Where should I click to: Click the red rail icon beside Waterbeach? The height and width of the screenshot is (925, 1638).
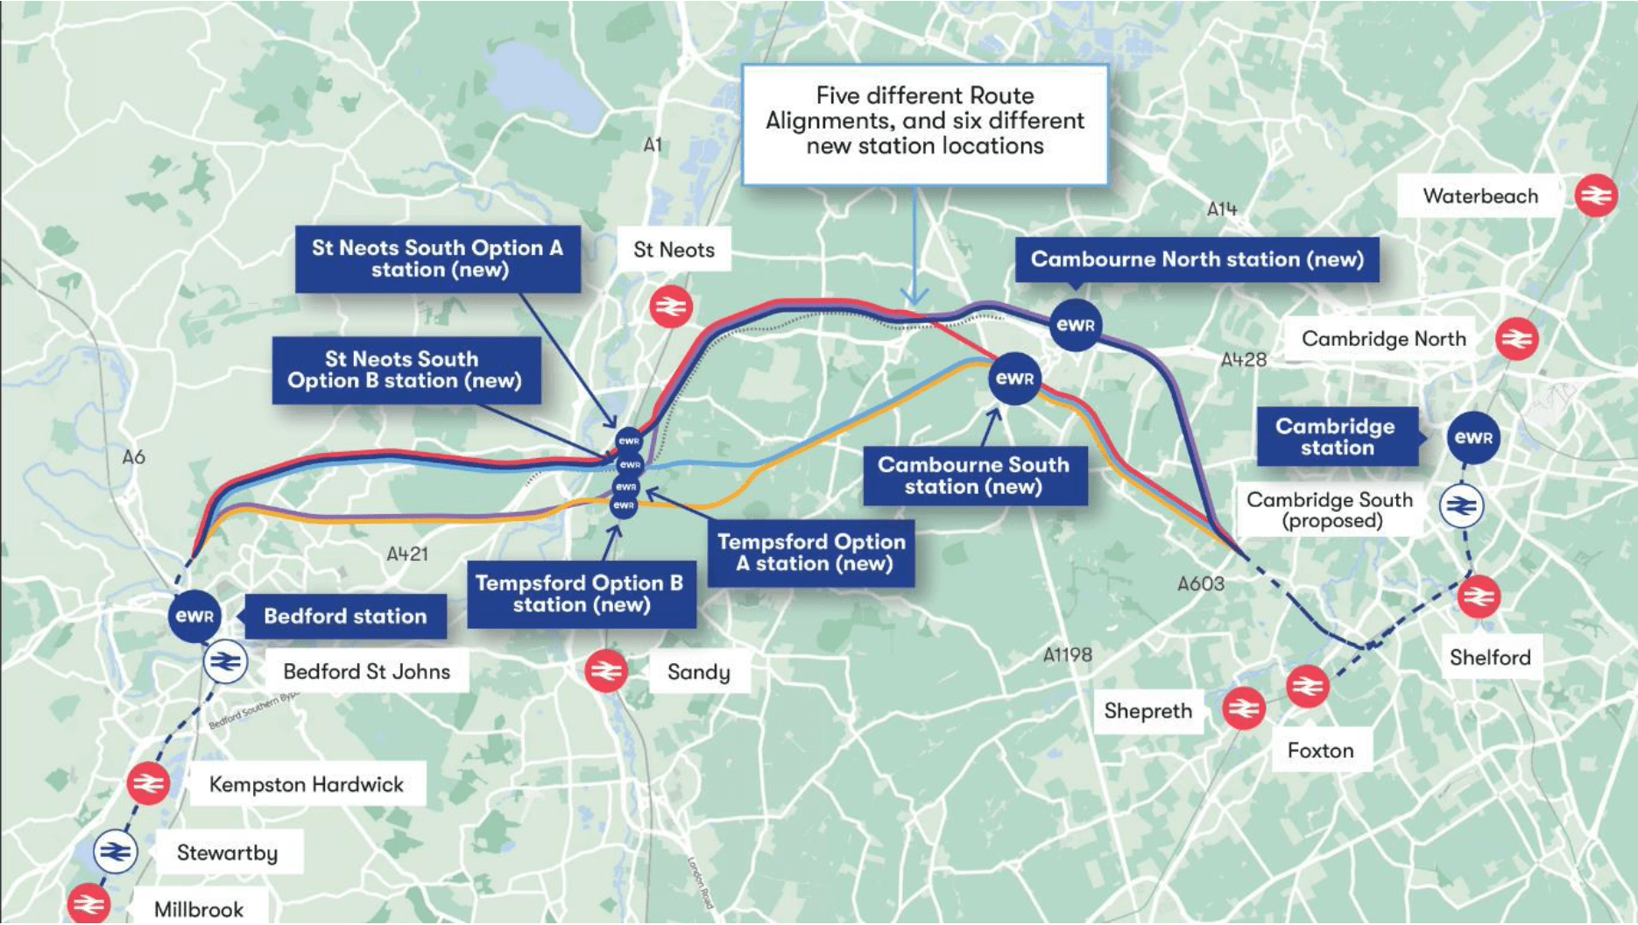(1595, 195)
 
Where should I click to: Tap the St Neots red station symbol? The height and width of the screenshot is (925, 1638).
(671, 307)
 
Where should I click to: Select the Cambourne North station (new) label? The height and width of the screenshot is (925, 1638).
(1197, 259)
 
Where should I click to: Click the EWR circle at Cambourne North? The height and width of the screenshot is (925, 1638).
(1075, 325)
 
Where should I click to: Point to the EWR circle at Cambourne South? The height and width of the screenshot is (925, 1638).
(1014, 378)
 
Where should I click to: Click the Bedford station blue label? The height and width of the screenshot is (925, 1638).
(345, 616)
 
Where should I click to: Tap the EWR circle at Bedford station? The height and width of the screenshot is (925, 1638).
(194, 615)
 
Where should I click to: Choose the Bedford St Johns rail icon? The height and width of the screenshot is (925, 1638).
(225, 662)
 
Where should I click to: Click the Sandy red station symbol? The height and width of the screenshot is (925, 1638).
(606, 671)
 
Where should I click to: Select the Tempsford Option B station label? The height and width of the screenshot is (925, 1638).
(581, 594)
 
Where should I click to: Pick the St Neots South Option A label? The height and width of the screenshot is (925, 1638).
(437, 258)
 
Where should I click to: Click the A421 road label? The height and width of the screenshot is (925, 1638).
(407, 554)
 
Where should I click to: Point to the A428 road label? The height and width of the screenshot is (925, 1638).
(1243, 359)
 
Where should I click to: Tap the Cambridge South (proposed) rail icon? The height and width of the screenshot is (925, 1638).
(1461, 505)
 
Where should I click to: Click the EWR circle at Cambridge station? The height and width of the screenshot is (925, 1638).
(1473, 437)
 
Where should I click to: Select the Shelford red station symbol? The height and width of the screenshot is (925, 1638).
(1479, 597)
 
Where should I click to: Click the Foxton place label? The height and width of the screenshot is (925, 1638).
(1320, 750)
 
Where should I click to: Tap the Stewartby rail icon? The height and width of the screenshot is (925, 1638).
(115, 851)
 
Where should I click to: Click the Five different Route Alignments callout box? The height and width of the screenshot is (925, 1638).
(924, 124)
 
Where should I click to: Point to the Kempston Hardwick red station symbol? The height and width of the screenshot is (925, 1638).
(148, 783)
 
